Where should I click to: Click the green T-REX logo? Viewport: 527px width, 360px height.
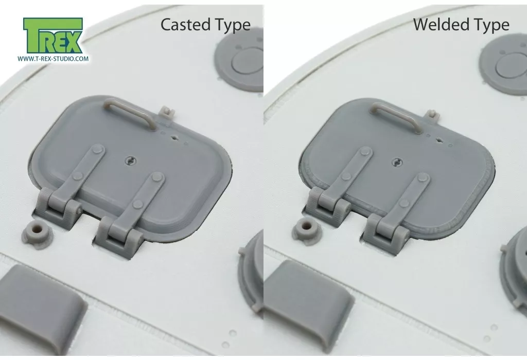click(x=53, y=36)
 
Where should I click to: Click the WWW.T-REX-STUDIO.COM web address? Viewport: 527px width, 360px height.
click(x=53, y=59)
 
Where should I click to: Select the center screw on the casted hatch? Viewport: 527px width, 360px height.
click(x=130, y=161)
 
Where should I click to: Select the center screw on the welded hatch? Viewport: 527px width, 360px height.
click(x=397, y=163)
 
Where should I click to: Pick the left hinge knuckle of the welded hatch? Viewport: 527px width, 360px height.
click(x=329, y=203)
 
